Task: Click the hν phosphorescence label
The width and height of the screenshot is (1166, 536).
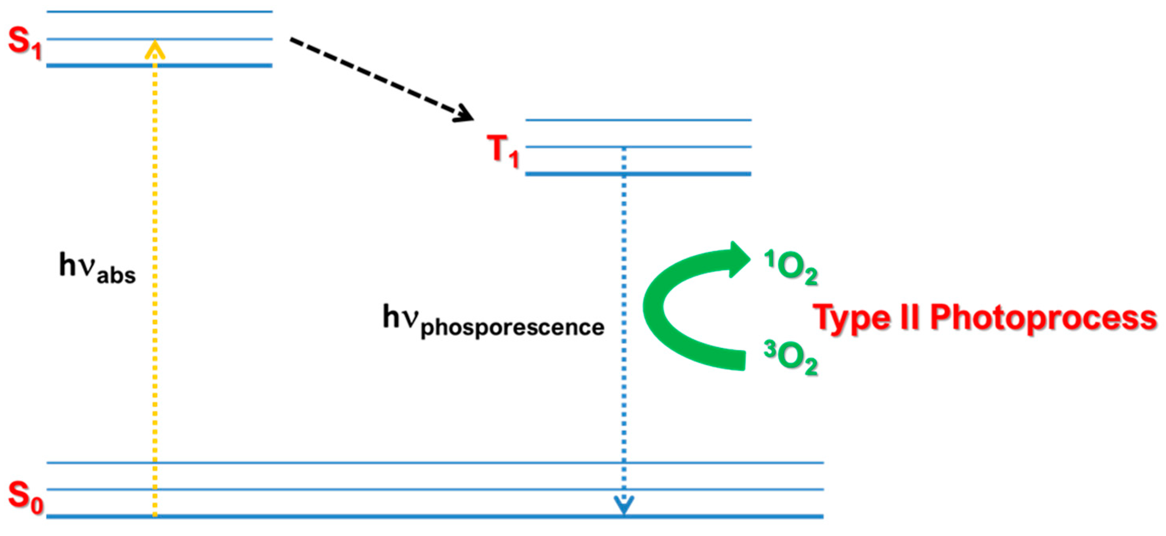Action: click(x=493, y=321)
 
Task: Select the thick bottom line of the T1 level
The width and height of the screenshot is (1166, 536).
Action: click(x=638, y=174)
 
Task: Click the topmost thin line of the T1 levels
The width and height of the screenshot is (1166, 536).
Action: click(x=638, y=120)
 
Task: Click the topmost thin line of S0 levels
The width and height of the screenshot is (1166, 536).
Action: click(x=434, y=463)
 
